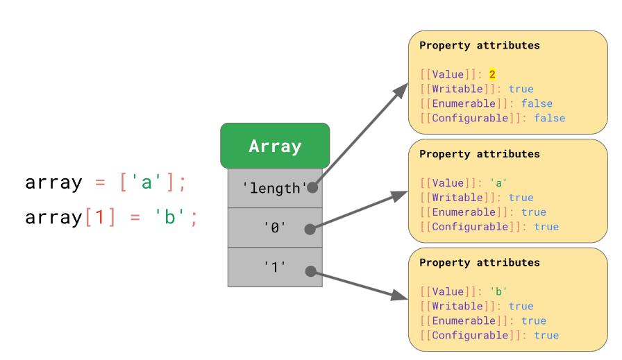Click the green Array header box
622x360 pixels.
click(x=275, y=146)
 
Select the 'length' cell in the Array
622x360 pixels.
click(x=274, y=188)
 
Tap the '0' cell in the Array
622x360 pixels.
click(x=274, y=228)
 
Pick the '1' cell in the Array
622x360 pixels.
click(x=274, y=267)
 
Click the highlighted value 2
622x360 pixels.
click(x=492, y=74)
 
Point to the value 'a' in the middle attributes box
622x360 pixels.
click(x=498, y=183)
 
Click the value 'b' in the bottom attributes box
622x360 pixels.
click(x=498, y=291)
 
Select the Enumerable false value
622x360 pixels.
click(x=537, y=103)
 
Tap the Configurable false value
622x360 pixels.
click(x=549, y=118)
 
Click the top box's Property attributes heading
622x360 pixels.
click(x=479, y=46)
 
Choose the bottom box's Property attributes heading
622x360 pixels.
click(x=479, y=263)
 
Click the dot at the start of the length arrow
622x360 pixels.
click(x=312, y=187)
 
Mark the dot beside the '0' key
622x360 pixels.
click(x=310, y=228)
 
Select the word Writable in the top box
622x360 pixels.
click(x=457, y=89)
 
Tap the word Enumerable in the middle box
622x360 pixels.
click(x=463, y=212)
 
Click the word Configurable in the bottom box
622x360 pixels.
click(x=469, y=335)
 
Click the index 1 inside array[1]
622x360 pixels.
click(x=99, y=217)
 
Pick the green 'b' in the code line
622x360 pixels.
click(x=168, y=217)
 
